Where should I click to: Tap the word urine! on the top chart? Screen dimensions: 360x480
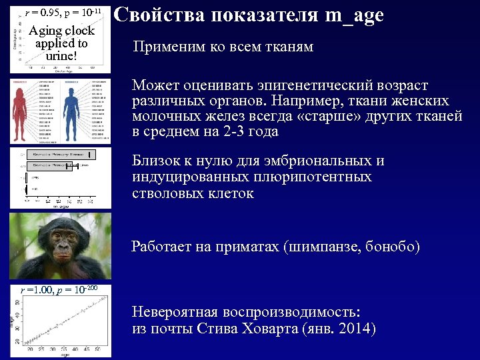pos(61,55)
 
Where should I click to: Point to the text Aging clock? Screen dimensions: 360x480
pos(61,31)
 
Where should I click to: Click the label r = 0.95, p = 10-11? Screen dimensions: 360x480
pos(61,12)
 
